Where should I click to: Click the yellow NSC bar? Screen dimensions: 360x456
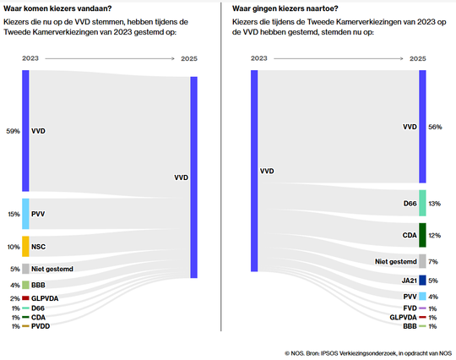coord(26,246)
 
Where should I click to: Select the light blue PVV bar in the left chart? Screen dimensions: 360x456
coord(26,214)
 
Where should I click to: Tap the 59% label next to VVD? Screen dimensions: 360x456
coord(13,131)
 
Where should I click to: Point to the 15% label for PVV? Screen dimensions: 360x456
coord(13,214)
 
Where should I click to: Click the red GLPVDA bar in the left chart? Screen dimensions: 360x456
coord(26,298)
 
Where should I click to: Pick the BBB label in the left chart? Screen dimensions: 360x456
coord(39,285)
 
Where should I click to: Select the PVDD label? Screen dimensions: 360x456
coord(41,326)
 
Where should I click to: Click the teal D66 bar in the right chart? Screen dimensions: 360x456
coord(422,203)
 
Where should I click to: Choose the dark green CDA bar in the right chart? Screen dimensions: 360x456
coord(422,235)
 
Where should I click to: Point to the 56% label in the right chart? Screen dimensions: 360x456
coord(436,127)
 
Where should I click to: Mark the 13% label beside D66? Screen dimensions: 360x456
coord(435,204)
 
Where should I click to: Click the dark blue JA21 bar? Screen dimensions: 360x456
coord(422,280)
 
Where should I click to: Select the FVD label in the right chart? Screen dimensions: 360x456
coord(410,308)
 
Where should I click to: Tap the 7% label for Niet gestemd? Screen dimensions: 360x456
coord(433,262)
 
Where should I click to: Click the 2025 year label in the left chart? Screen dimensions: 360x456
coord(190,58)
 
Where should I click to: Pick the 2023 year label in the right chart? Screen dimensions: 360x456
coord(259,58)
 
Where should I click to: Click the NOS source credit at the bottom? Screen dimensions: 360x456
coord(368,352)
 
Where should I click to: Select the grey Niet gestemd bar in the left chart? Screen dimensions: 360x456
coord(26,269)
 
